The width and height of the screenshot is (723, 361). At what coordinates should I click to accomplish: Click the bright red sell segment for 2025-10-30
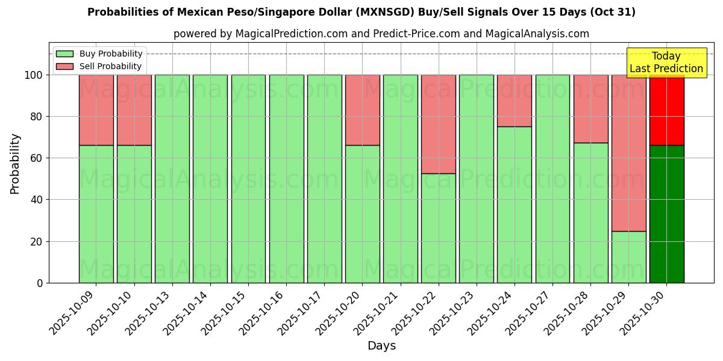pos(666,110)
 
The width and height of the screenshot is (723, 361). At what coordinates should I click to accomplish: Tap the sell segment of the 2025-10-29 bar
pos(628,153)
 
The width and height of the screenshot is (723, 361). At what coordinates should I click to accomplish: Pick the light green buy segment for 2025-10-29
pos(628,257)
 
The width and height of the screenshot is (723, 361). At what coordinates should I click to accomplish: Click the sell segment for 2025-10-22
pos(438,124)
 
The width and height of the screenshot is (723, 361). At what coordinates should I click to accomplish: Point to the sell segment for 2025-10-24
pos(515,100)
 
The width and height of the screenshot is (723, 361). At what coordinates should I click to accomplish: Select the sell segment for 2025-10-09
pos(96,110)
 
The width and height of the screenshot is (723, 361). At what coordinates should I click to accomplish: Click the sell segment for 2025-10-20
pos(362,110)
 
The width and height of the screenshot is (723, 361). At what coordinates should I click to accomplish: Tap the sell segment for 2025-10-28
pos(590,109)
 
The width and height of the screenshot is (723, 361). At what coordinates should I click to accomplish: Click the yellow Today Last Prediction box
pos(666,63)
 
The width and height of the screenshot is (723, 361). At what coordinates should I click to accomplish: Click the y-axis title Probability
pos(15,164)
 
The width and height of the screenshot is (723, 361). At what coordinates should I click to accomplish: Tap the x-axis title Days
pos(381,346)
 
